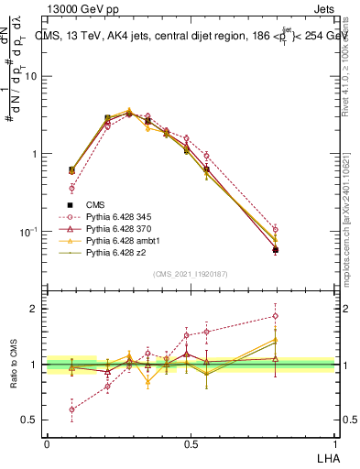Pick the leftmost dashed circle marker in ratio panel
[x=71, y=409]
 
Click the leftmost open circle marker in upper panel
[x=71, y=188]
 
